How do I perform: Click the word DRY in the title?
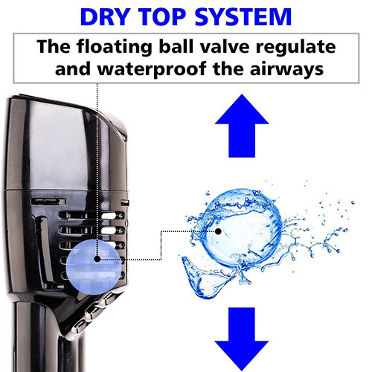pyautogui.click(x=105, y=17)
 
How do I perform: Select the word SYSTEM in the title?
pyautogui.click(x=243, y=17)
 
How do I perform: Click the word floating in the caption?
pyautogui.click(x=115, y=47)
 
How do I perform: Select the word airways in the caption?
pyautogui.click(x=286, y=70)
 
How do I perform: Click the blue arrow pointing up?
pyautogui.click(x=242, y=126)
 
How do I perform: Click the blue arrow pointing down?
pyautogui.click(x=242, y=339)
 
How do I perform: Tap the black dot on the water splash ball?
pyautogui.click(x=218, y=231)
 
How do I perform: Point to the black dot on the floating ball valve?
pyautogui.click(x=97, y=259)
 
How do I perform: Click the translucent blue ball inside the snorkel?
pyautogui.click(x=94, y=267)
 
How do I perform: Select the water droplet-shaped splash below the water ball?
pyautogui.click(x=207, y=278)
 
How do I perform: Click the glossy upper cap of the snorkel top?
pyautogui.click(x=65, y=143)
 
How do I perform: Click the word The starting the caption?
pyautogui.click(x=54, y=46)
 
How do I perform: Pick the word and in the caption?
pyautogui.click(x=73, y=69)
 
